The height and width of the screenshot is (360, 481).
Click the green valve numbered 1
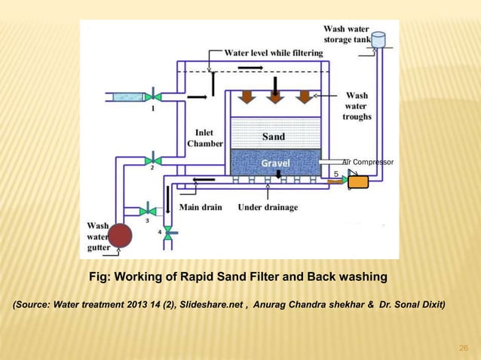click(152, 96)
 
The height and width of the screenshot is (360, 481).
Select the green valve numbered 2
click(152, 160)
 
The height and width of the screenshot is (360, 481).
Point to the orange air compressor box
click(357, 182)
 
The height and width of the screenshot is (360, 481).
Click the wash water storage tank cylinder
click(378, 40)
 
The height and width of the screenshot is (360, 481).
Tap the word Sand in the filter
click(273, 137)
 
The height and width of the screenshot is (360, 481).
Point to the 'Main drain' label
click(201, 207)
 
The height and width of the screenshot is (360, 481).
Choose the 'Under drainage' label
click(268, 207)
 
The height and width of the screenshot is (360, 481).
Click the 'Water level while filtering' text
click(274, 53)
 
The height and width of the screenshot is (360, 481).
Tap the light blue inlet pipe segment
click(127, 96)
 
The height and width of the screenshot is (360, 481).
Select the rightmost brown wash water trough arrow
click(303, 96)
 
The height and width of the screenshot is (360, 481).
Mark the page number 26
click(464, 347)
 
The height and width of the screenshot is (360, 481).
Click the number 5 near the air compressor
click(335, 173)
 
